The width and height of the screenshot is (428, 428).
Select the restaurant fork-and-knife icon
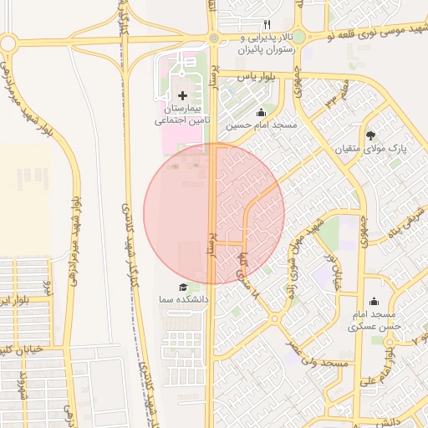[x=267, y=24]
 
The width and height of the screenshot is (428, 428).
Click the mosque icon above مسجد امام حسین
[x=261, y=113]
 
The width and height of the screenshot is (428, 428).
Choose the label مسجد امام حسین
[x=263, y=125]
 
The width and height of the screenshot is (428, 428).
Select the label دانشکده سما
[x=185, y=298]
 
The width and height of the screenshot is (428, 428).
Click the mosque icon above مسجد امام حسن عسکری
[x=373, y=302]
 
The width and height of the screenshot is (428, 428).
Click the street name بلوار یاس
[x=256, y=76]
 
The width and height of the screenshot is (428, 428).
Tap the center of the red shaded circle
[x=214, y=213]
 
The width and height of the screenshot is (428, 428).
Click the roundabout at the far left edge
[x=7, y=43]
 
